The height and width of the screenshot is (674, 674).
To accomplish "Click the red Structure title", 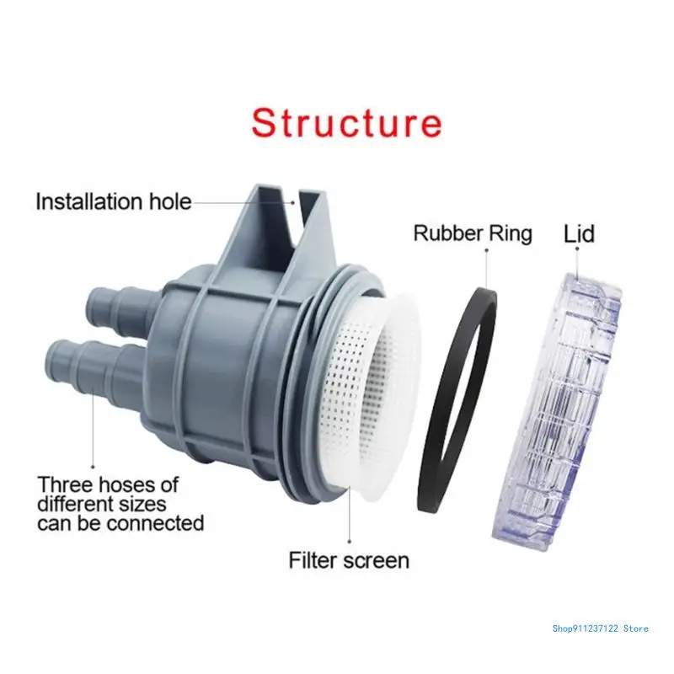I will click(346, 123).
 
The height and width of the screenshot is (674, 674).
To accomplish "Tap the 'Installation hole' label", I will click(114, 202).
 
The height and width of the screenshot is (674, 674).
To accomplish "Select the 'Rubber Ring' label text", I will click(473, 233).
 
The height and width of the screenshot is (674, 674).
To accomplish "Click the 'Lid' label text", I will click(579, 233).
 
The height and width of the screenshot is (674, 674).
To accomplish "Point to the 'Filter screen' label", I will click(349, 559).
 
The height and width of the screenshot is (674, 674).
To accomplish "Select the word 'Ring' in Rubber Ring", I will click(511, 233).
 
